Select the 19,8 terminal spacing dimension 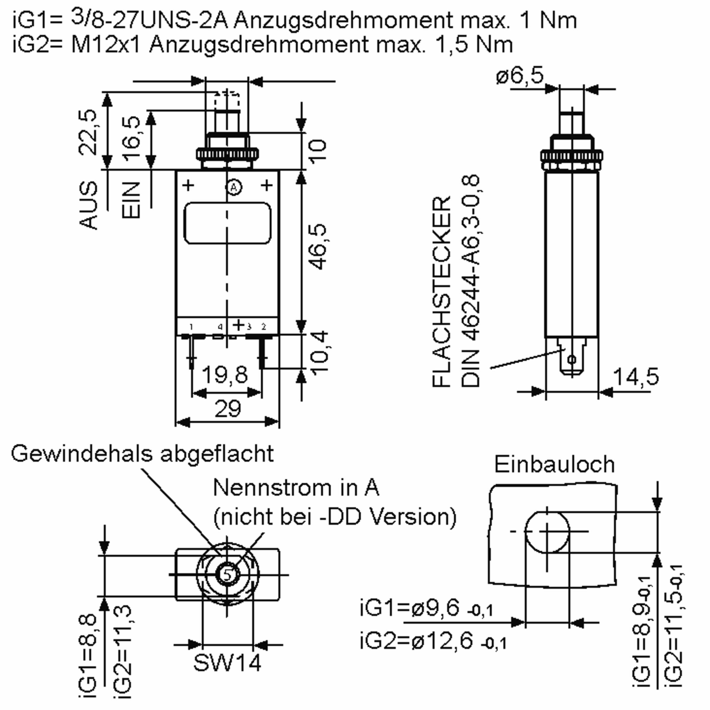click(225, 375)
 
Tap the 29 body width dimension click(227, 409)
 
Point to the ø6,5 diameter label click(519, 76)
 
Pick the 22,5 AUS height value click(88, 132)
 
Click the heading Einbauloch click(554, 464)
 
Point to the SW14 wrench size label click(227, 663)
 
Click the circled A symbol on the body click(234, 188)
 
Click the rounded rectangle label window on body click(227, 223)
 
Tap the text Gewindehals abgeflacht click(142, 454)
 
